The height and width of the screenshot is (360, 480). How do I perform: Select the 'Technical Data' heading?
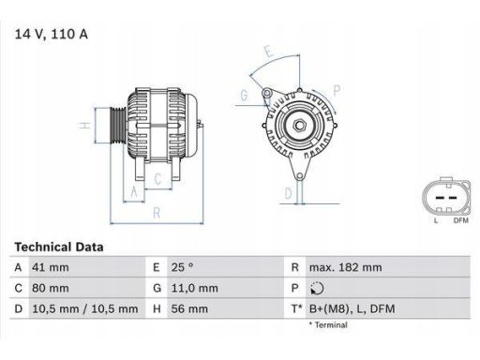[59, 247]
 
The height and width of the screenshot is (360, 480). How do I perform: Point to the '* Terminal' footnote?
[328, 324]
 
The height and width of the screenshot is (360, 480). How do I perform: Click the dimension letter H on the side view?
[84, 125]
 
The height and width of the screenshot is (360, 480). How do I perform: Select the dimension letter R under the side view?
[157, 213]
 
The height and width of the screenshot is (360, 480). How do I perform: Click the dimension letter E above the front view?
[268, 51]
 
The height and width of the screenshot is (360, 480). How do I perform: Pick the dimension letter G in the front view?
[244, 95]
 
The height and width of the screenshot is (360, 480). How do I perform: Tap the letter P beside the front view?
[336, 90]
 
